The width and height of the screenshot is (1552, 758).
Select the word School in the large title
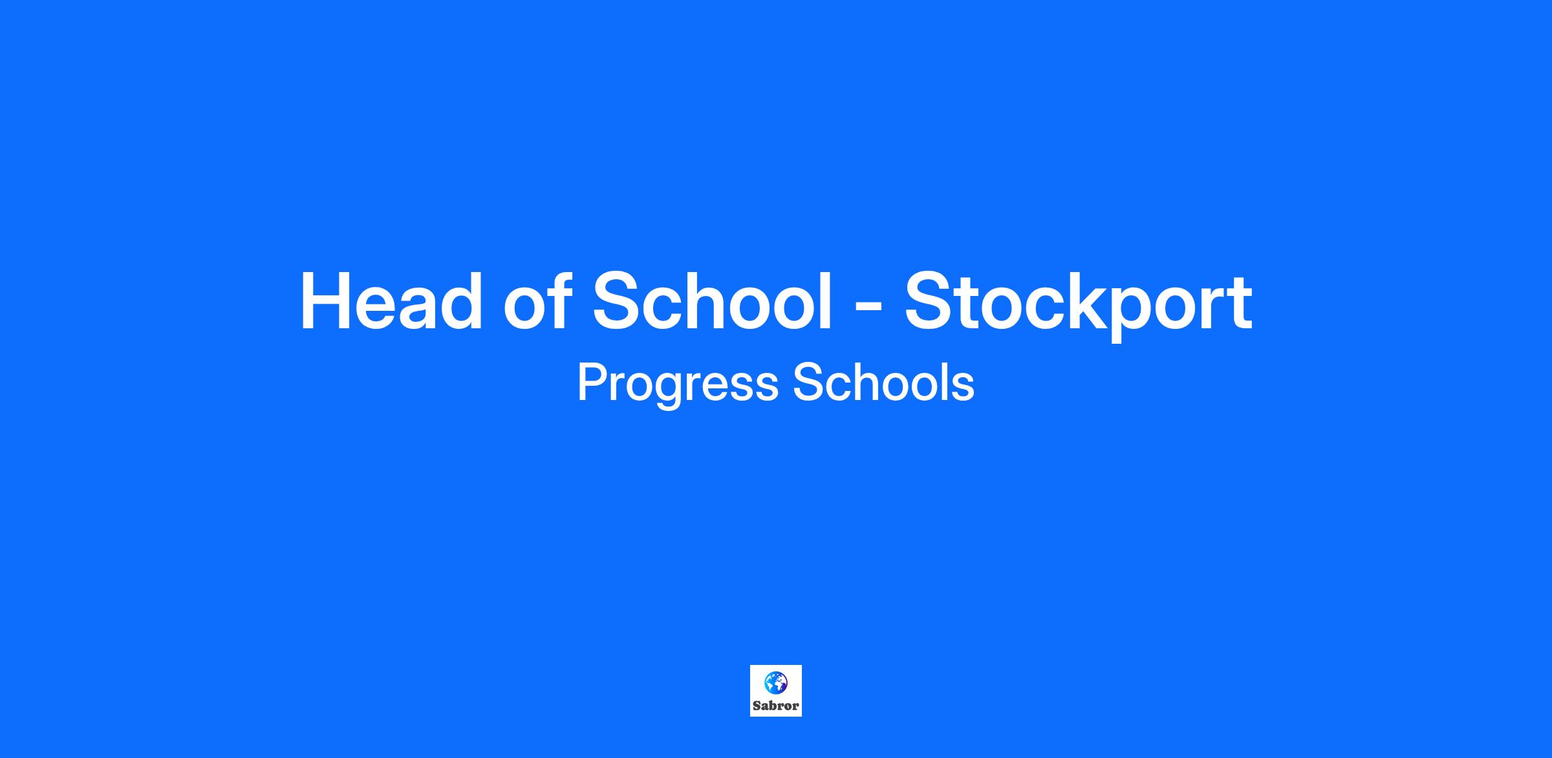coord(712,300)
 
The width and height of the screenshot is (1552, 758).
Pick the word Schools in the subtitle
coord(883,382)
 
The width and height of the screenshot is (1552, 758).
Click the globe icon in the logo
coord(775,682)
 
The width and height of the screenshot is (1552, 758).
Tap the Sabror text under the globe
coord(776,706)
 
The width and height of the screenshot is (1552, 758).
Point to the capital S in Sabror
coord(757,706)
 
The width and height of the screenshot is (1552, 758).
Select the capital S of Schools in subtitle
coord(808,383)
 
